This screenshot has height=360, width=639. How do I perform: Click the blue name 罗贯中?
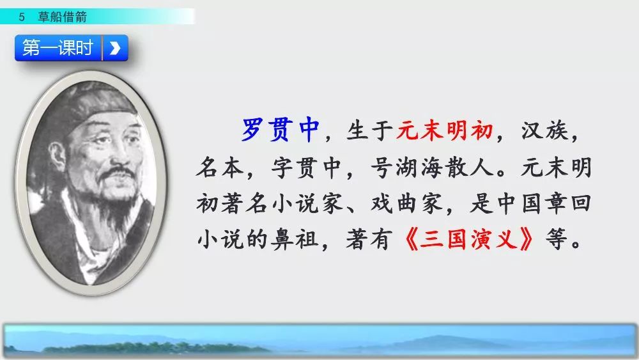[x=281, y=130]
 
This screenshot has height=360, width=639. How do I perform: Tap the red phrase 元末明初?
[x=444, y=130]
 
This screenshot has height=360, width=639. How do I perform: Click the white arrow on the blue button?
[x=115, y=48]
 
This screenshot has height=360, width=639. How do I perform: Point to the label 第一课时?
[x=58, y=48]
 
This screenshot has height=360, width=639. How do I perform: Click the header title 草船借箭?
[x=63, y=17]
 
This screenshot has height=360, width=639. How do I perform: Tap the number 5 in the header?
[x=22, y=17]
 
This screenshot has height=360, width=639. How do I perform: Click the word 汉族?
[x=545, y=130]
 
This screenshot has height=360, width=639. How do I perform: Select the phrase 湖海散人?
[x=445, y=167]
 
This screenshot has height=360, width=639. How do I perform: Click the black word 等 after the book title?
[x=557, y=239]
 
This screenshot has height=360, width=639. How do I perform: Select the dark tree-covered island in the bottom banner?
[x=155, y=348]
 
